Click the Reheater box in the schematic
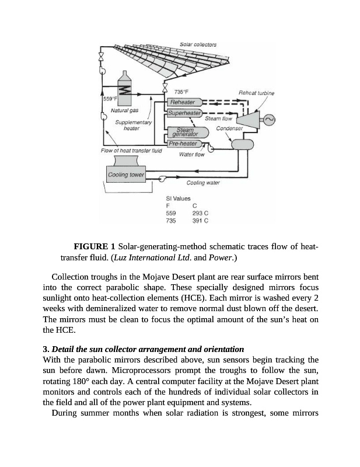click(x=182, y=102)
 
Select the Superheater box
click(x=184, y=112)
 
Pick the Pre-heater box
click(x=183, y=144)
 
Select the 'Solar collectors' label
click(x=198, y=44)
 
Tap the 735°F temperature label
click(x=182, y=92)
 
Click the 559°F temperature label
click(x=110, y=99)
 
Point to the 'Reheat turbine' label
click(x=256, y=93)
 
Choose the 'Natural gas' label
click(x=124, y=110)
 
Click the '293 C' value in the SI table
click(x=201, y=214)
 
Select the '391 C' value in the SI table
click(x=201, y=221)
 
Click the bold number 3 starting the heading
click(x=45, y=348)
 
